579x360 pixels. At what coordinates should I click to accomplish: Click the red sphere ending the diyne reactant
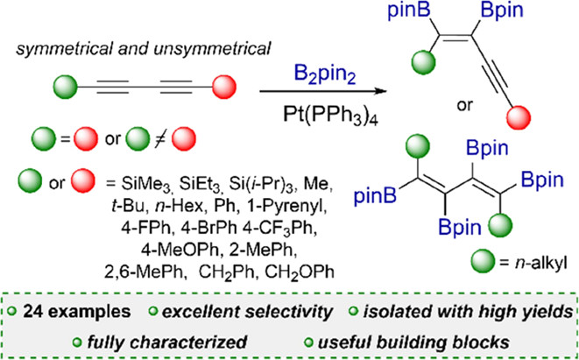click(224, 88)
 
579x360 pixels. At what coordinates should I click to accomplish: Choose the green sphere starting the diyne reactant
click(65, 88)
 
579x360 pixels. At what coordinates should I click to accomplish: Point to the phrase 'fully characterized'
click(166, 342)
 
